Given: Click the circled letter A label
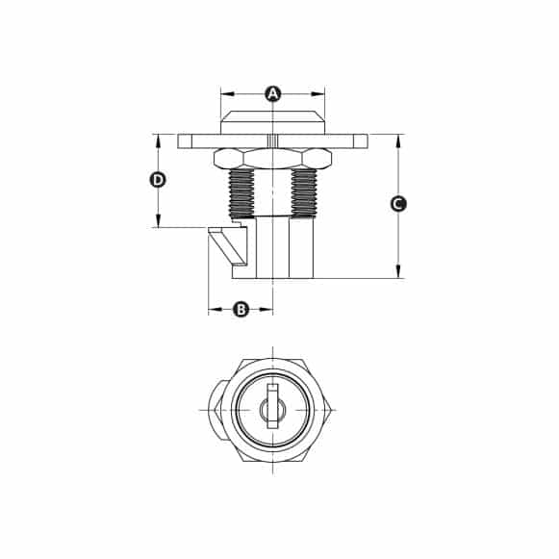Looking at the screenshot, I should pyautogui.click(x=272, y=93).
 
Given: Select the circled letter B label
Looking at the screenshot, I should pyautogui.click(x=241, y=309).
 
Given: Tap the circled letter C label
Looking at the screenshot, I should pyautogui.click(x=397, y=204).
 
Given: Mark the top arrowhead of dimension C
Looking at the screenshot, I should pyautogui.click(x=397, y=139).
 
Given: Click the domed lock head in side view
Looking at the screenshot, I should pyautogui.click(x=272, y=123).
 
